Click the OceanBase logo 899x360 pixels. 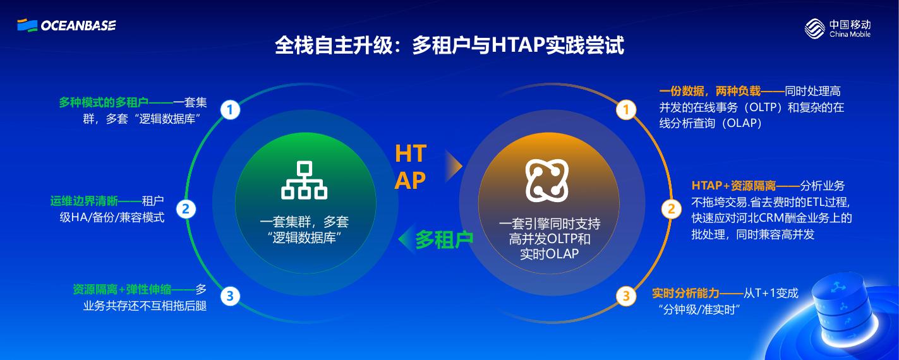[x=66, y=25]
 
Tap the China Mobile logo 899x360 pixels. [x=837, y=28]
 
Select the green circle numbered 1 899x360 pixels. [x=230, y=110]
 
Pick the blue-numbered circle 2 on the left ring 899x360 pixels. [x=186, y=208]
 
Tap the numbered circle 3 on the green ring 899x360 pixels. [x=230, y=295]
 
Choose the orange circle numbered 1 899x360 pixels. [x=625, y=110]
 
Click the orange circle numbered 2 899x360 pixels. [x=671, y=208]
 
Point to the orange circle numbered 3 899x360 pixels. [x=625, y=295]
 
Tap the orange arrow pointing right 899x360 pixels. [x=453, y=165]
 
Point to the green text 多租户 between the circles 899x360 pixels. [x=444, y=239]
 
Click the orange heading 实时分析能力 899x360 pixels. [x=685, y=294]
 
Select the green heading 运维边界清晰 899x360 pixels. [x=84, y=201]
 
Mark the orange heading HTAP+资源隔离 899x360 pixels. [x=733, y=186]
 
